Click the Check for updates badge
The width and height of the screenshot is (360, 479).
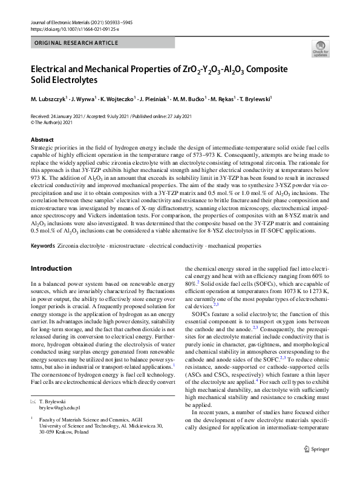320,50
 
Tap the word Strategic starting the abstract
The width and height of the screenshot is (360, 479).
42,148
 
